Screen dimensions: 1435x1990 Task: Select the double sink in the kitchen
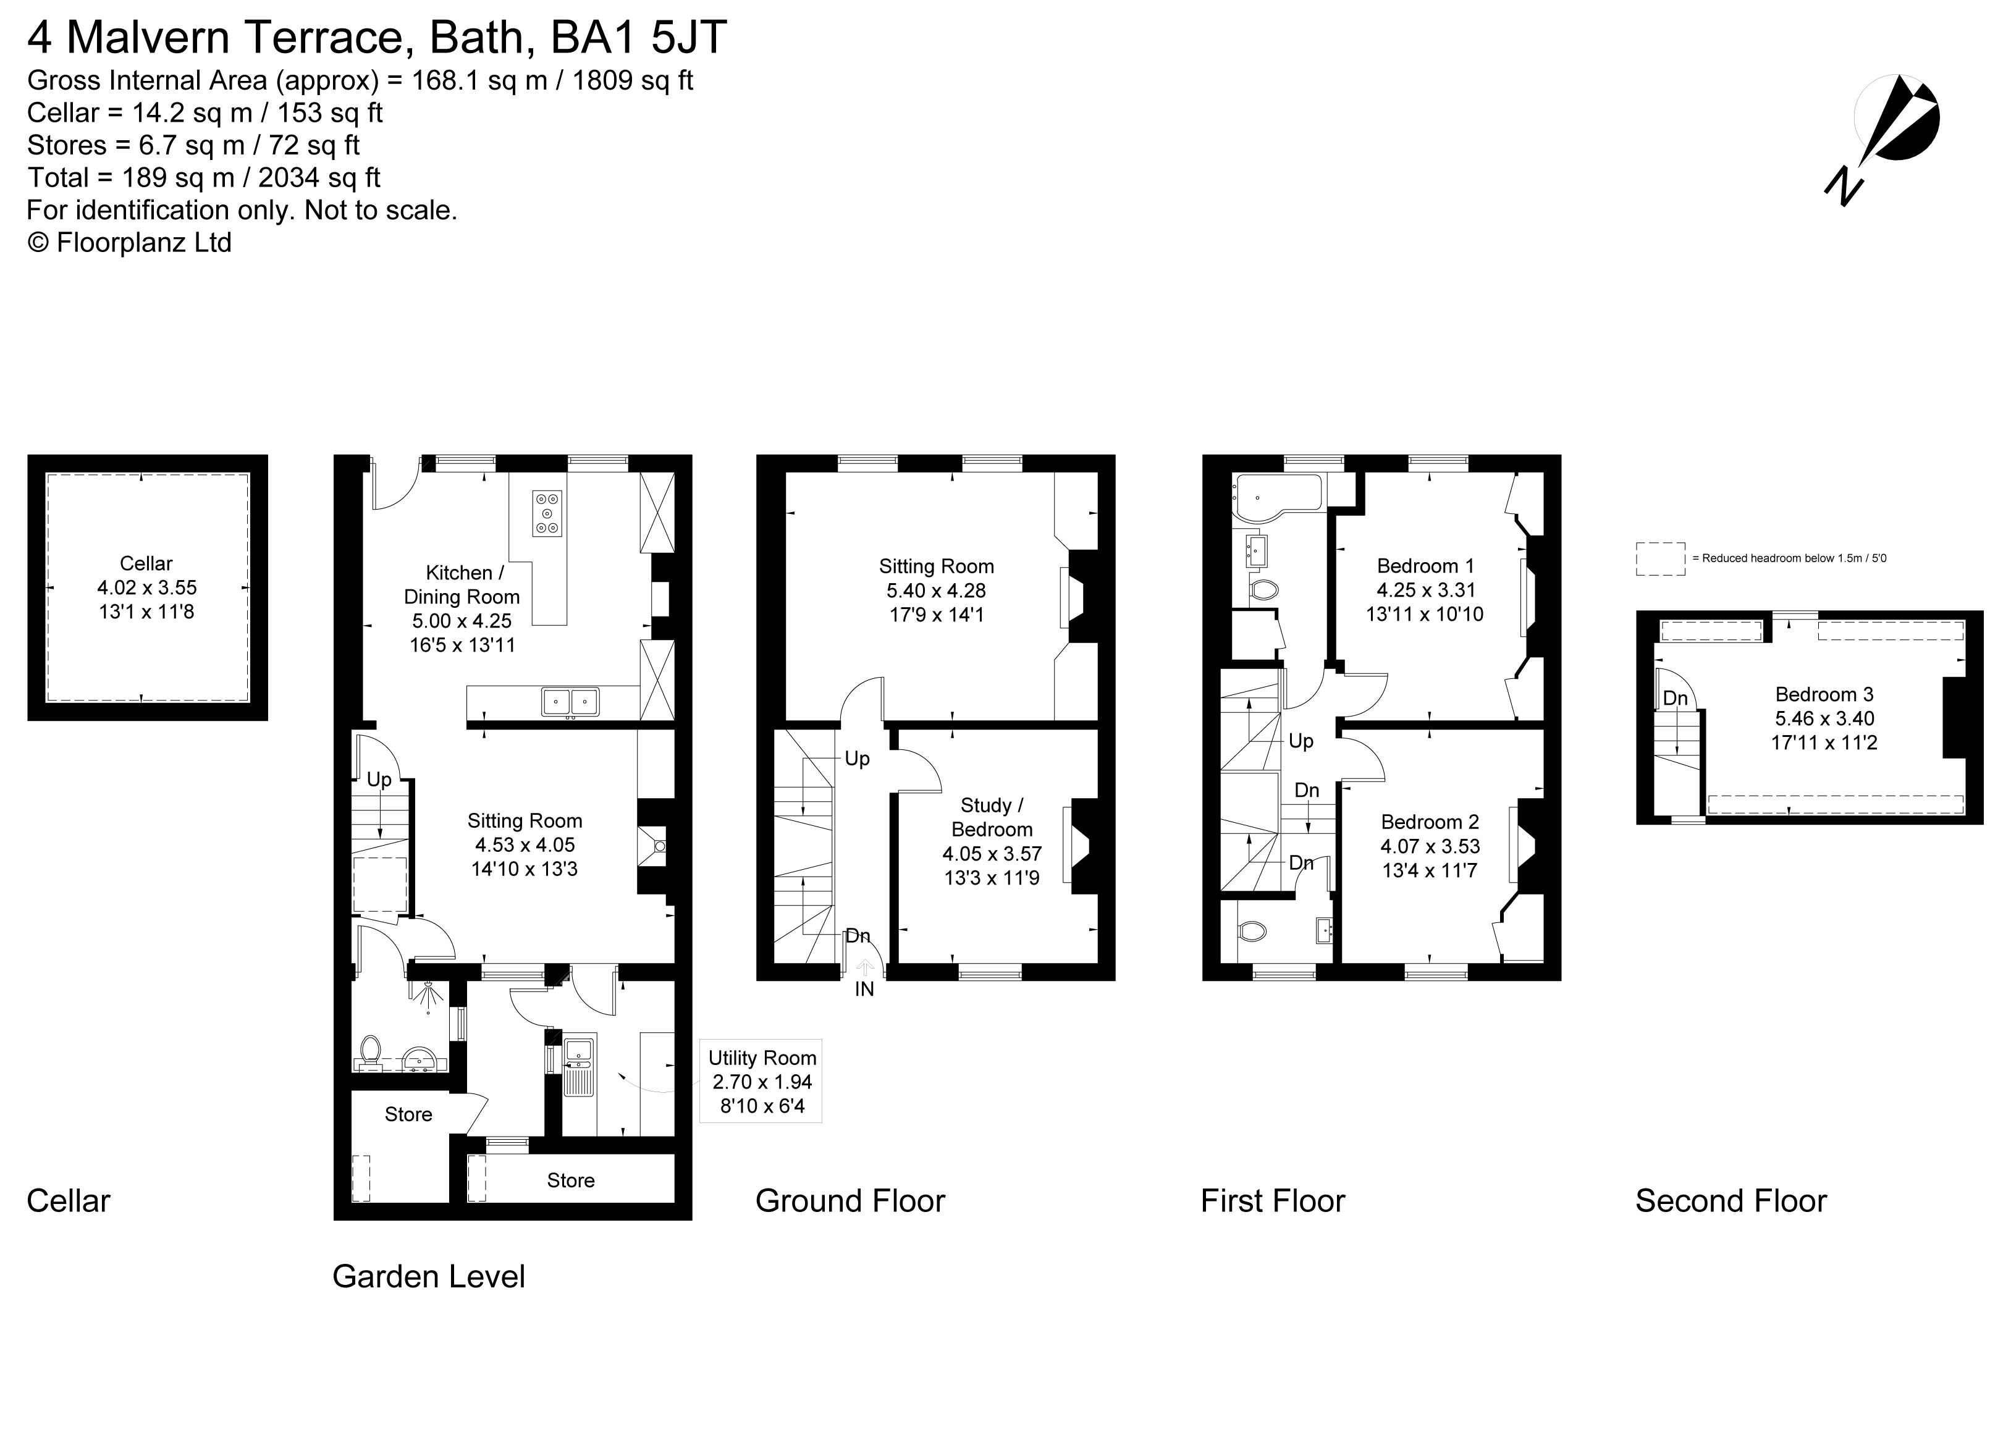(x=571, y=702)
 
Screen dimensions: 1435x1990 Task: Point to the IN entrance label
(x=865, y=990)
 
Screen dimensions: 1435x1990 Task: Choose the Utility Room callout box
(x=762, y=1082)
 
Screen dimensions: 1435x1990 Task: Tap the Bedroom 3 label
(x=1825, y=695)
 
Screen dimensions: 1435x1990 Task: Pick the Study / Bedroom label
(x=992, y=817)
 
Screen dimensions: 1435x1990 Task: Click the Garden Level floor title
(x=429, y=1277)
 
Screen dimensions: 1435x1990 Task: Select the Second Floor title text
(x=1731, y=1201)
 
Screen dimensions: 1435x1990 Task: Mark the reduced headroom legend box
(x=1661, y=558)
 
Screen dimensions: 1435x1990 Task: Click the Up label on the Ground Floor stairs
(x=858, y=759)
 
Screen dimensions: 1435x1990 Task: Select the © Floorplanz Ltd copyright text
(x=130, y=243)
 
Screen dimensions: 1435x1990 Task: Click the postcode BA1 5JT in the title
(x=639, y=38)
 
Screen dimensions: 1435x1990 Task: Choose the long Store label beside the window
(x=571, y=1180)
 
